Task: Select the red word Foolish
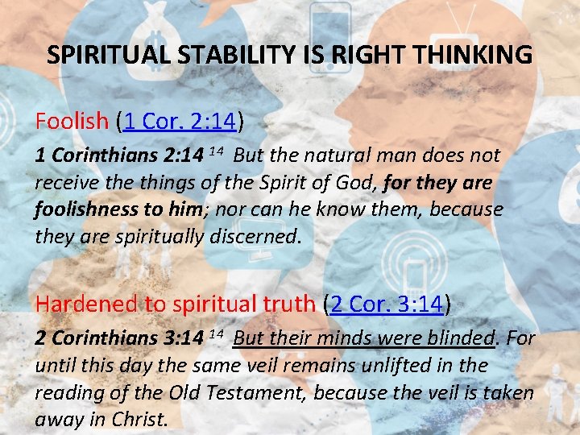coord(71,122)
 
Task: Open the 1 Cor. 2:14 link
coord(180,122)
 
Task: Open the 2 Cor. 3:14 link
coord(384,304)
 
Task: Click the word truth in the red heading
coord(284,304)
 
